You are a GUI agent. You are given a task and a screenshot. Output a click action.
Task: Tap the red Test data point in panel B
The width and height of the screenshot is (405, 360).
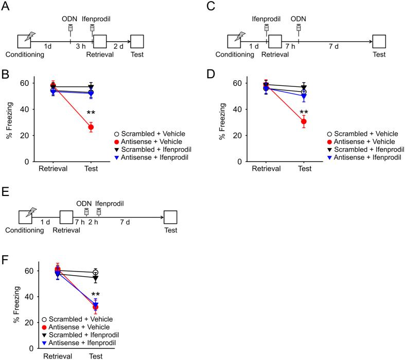click(91, 127)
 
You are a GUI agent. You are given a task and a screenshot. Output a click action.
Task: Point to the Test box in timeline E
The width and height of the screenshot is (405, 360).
click(170, 218)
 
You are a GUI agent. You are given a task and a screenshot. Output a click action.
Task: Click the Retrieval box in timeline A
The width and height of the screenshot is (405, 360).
click(100, 42)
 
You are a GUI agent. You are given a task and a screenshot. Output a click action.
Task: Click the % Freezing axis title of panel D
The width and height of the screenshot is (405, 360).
click(223, 122)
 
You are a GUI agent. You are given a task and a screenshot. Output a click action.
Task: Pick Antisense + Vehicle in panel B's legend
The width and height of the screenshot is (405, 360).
click(148, 141)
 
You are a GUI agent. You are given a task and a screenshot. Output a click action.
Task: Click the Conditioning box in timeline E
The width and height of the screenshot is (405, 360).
click(25, 218)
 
